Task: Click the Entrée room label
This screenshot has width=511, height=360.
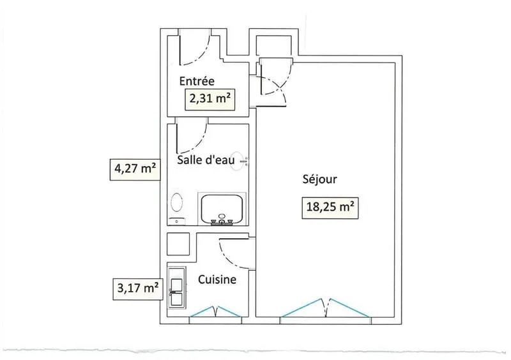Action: coord(197,81)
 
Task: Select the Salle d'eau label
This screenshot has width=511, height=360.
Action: coord(206,160)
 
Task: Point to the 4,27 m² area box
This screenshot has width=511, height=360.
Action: coord(135,169)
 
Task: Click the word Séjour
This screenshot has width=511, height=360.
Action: coord(320,179)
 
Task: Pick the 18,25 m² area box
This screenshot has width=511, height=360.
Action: coord(330,207)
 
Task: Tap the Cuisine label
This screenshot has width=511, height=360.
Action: coord(217,280)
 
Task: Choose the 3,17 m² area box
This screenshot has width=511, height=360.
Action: coord(138,289)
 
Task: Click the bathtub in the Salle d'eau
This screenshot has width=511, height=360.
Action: coord(222,209)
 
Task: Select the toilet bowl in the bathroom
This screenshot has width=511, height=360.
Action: coord(177,202)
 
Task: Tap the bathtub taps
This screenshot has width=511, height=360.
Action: coord(222,221)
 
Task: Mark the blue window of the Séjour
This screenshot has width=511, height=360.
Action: coord(326,308)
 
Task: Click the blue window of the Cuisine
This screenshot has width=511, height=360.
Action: coord(216,311)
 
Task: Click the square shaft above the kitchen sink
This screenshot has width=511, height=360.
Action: coord(178,244)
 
